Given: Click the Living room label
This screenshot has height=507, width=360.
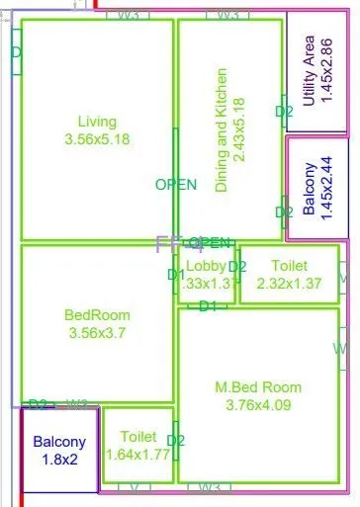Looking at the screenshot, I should pyautogui.click(x=97, y=122).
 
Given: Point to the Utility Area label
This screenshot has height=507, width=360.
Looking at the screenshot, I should pyautogui.click(x=310, y=71).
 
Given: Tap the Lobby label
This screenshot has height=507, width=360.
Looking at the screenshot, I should pyautogui.click(x=207, y=266).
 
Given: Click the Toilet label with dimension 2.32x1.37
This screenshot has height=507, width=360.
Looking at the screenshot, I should pyautogui.click(x=291, y=266).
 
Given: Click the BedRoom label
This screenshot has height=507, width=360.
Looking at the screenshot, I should pyautogui.click(x=97, y=315).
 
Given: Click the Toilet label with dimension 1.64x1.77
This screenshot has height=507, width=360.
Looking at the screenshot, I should pyautogui.click(x=137, y=437).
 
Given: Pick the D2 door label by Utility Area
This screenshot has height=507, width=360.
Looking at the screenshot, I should pyautogui.click(x=284, y=112).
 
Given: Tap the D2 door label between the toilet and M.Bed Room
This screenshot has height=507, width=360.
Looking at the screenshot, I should pyautogui.click(x=176, y=440).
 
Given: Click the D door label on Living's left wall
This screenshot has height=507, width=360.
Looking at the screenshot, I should pyautogui.click(x=16, y=51).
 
